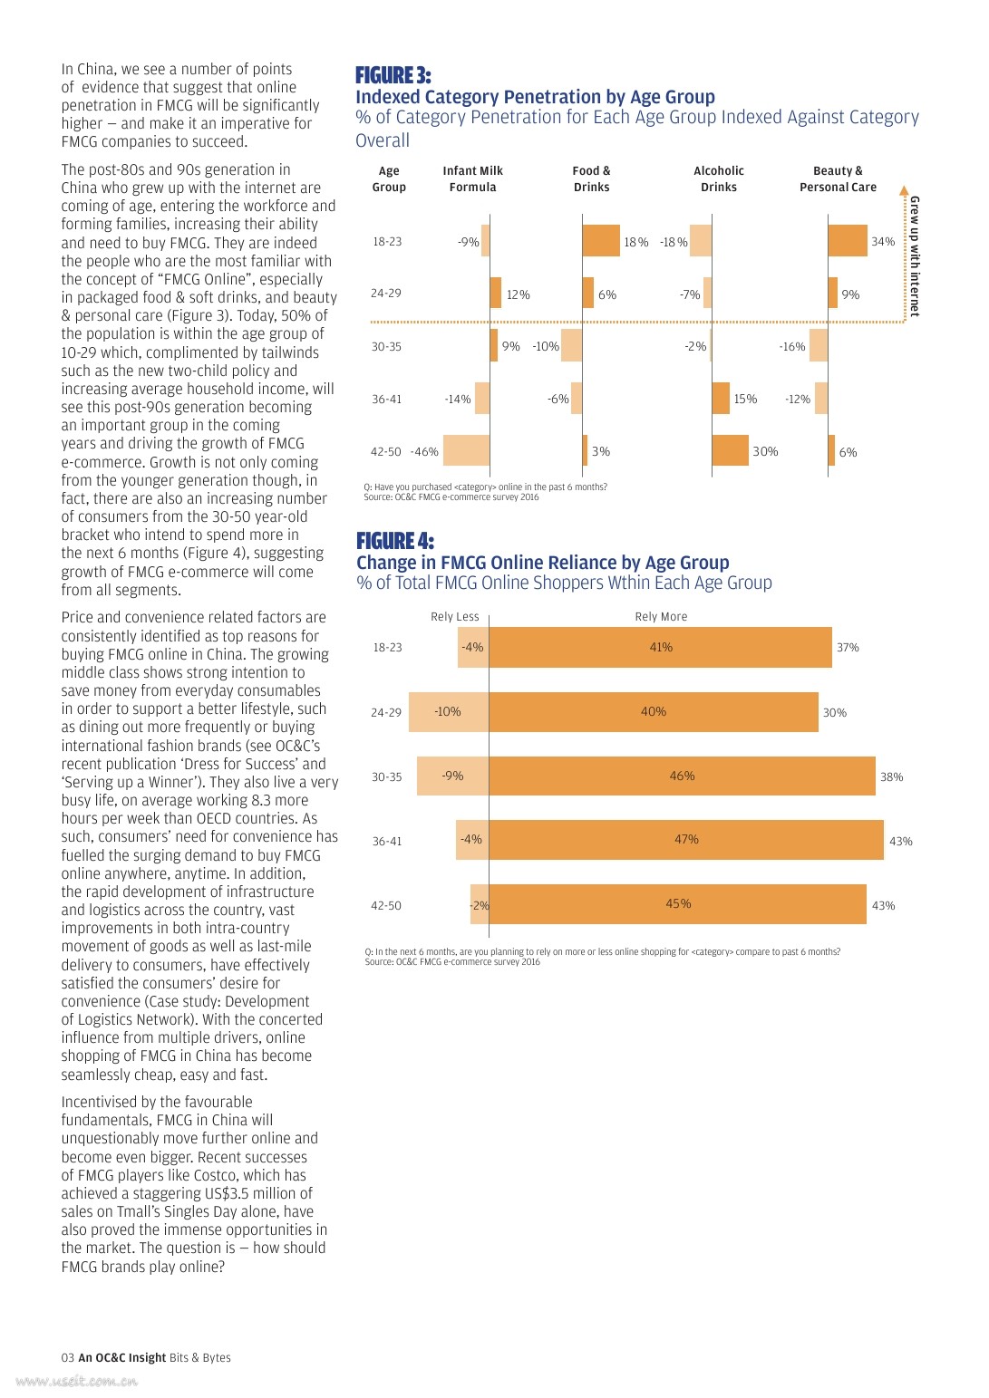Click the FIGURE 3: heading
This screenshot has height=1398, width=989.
[393, 75]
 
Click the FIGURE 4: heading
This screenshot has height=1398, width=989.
[394, 541]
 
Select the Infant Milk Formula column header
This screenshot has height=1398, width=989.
[472, 178]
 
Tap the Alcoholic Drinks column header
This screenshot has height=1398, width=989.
[718, 178]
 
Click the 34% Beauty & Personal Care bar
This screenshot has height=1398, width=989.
[848, 241]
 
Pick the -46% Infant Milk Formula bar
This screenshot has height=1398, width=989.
[466, 450]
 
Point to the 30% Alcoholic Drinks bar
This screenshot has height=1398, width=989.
[730, 450]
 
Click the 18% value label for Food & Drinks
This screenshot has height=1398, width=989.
[635, 243]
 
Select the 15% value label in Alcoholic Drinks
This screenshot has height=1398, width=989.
[745, 400]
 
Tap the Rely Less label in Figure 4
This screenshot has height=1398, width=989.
[454, 617]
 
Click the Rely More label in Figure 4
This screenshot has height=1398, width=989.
[661, 617]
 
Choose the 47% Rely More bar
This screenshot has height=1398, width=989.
[686, 840]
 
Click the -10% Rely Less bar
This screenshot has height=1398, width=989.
[449, 712]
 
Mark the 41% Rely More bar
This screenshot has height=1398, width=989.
[660, 648]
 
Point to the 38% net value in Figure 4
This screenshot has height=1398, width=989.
[891, 777]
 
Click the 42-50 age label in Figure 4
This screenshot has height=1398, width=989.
[385, 906]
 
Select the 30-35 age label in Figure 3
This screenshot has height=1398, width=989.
[386, 347]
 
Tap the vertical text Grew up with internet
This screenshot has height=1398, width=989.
[914, 255]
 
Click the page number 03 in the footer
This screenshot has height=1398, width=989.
[67, 1357]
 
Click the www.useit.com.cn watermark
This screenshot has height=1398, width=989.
[77, 1382]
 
